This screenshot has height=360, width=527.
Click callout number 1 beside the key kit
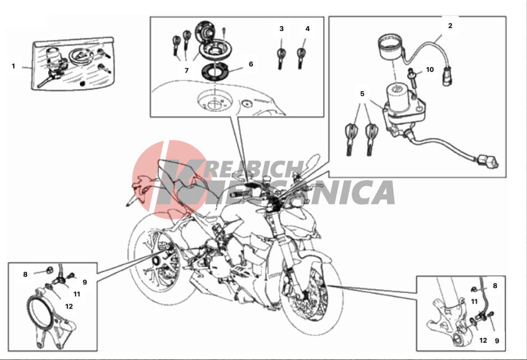click(13, 66)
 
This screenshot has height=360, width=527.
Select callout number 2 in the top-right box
click(450, 25)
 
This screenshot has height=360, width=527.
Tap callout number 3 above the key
click(281, 29)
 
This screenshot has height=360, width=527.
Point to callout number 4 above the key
click(307, 29)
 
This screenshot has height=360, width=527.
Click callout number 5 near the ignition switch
click(362, 94)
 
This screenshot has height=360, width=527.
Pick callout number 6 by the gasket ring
click(251, 64)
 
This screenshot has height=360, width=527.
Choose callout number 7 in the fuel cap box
click(187, 70)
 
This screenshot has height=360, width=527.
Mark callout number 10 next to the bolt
click(430, 70)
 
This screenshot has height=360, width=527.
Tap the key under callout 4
click(301, 58)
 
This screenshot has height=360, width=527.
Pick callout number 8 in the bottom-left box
click(25, 274)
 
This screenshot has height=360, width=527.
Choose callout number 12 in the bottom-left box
click(69, 306)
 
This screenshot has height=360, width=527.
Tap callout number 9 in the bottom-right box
click(497, 341)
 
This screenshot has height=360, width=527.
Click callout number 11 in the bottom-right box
click(474, 301)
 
